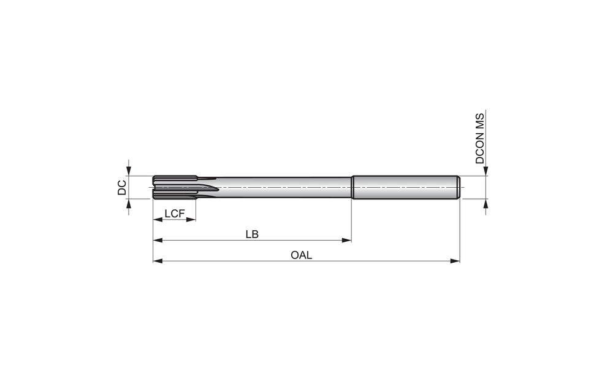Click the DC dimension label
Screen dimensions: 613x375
pos(122,188)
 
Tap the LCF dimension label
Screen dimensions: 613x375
pos(174,214)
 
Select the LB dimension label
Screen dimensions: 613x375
pos(252,234)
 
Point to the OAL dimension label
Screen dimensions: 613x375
pos(302,255)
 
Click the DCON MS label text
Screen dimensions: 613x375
pos(480,139)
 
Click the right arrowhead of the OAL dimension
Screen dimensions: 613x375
pos(455,261)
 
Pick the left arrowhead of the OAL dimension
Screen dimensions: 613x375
pos(158,261)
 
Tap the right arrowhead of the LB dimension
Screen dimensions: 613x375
pos(346,240)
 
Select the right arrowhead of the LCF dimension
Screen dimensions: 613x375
pos(191,220)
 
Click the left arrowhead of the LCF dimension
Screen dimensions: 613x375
pos(158,220)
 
